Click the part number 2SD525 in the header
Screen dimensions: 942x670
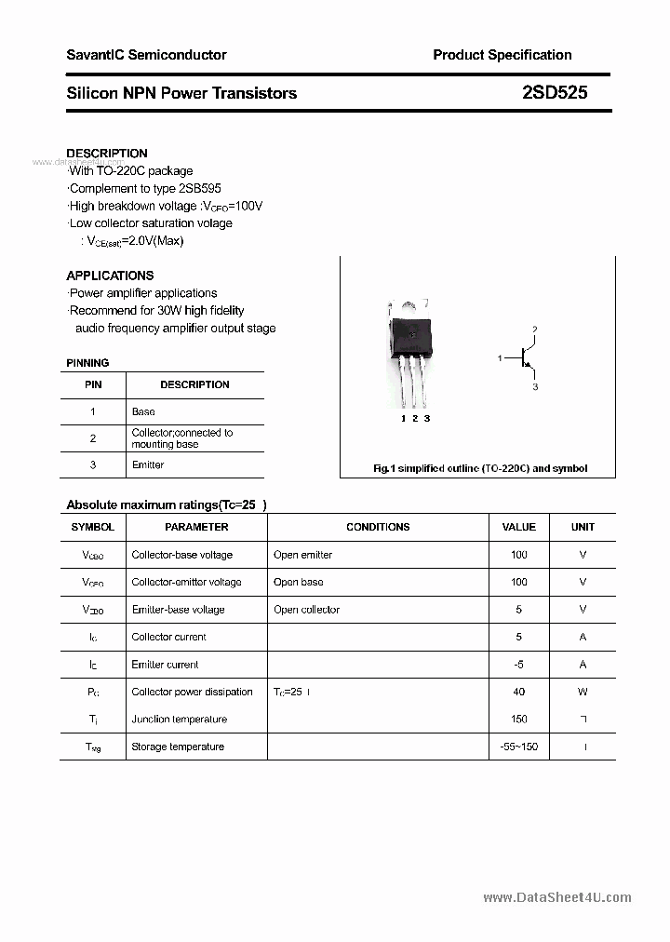tap(555, 93)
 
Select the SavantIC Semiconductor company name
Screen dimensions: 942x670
tap(146, 55)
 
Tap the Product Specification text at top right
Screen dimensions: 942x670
tap(502, 55)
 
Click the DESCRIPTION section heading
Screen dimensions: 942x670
tap(107, 153)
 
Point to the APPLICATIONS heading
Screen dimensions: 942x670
tap(110, 276)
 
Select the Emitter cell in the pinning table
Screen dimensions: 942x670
tap(148, 464)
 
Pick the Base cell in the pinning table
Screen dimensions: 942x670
tap(143, 411)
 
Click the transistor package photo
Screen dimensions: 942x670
tap(409, 354)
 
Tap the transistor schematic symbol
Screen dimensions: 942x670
tap(527, 357)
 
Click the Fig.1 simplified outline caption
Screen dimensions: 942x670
tap(480, 469)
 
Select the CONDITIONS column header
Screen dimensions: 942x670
tap(378, 527)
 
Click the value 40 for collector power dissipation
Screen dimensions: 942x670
tap(518, 692)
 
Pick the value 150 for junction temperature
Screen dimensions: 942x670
tap(518, 719)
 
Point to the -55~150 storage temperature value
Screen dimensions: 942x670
tap(518, 747)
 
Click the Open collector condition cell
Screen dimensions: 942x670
tap(306, 610)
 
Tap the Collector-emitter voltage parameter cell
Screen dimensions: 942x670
tap(186, 582)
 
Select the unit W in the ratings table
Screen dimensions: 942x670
tap(583, 692)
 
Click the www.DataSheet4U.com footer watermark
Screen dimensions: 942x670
tap(557, 897)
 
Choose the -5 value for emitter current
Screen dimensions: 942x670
tap(518, 665)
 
